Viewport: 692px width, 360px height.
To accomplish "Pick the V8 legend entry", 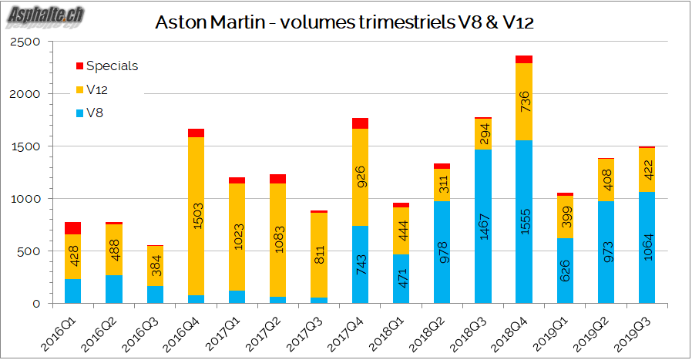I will coord(95,113).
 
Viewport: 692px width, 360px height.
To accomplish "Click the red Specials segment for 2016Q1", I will coord(73,228).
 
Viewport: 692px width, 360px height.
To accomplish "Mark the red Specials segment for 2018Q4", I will coord(524,59).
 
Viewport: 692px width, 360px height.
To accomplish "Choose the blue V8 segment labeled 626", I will coord(565,271).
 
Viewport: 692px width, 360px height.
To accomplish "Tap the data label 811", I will coord(319,254).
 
